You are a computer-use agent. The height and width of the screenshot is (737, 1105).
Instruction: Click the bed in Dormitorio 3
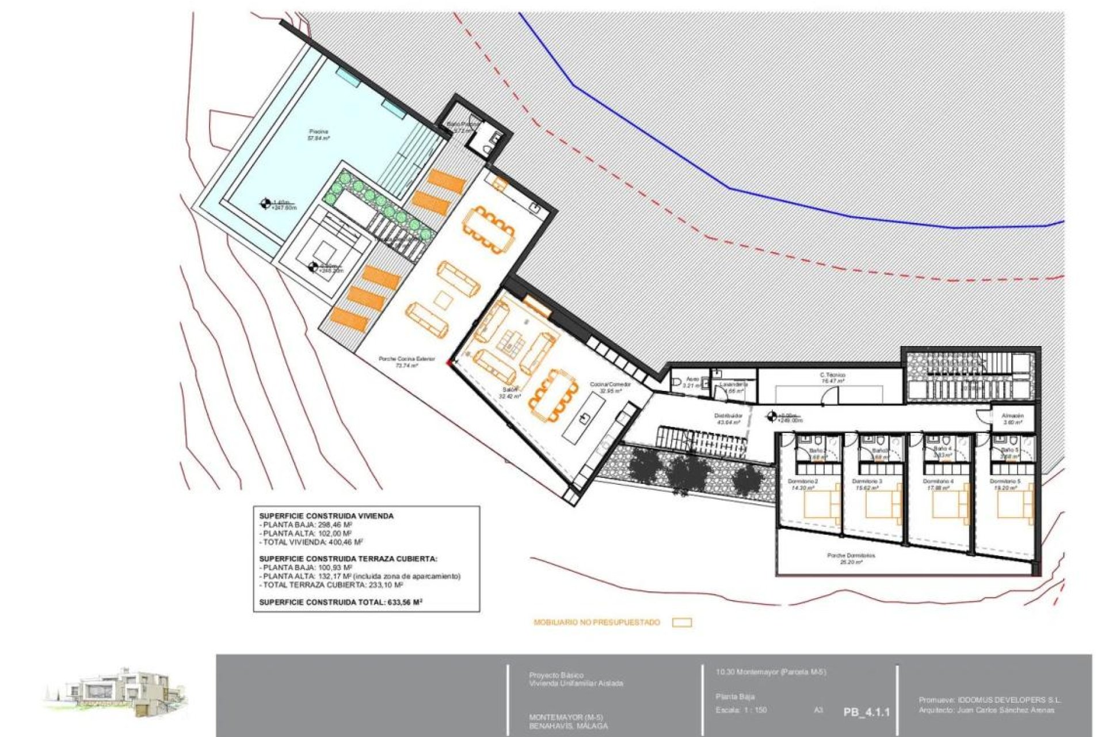click(x=884, y=504)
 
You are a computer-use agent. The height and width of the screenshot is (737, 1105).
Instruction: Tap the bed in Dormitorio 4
click(x=951, y=504)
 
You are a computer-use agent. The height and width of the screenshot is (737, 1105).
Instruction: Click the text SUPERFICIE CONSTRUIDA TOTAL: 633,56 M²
click(x=341, y=602)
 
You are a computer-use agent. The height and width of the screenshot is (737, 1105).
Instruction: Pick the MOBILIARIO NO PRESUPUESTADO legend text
click(x=597, y=622)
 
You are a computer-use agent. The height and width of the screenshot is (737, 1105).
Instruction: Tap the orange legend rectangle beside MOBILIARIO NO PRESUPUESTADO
click(x=682, y=622)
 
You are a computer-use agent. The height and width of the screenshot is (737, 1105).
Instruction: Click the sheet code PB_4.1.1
click(x=867, y=712)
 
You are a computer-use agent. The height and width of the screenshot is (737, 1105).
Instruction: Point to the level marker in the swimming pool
click(x=265, y=202)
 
